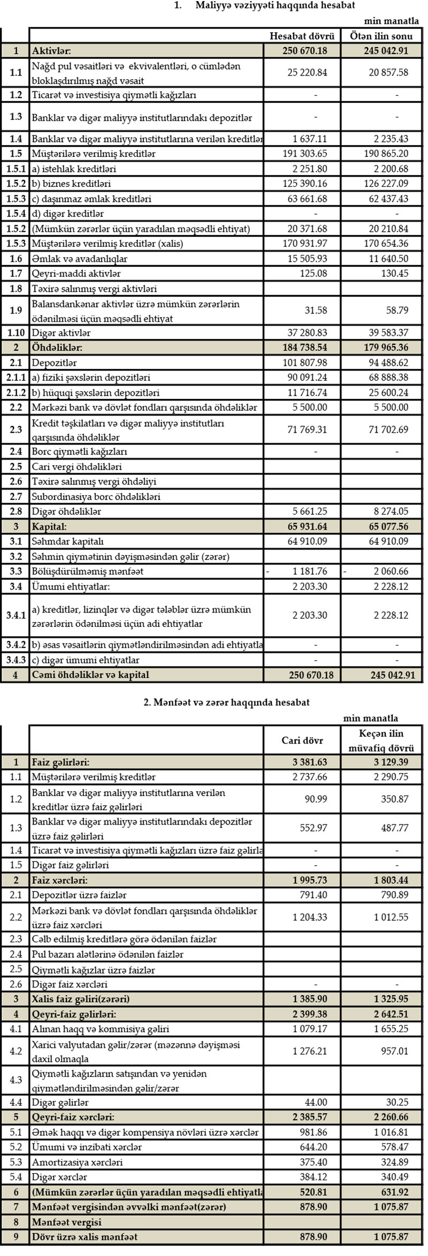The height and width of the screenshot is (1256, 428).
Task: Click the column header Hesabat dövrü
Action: (302, 36)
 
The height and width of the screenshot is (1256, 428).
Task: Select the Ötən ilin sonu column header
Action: (381, 36)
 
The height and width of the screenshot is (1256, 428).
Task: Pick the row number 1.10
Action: (16, 333)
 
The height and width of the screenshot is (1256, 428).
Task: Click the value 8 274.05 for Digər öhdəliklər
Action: (388, 511)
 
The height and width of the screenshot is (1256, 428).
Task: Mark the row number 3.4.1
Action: (16, 615)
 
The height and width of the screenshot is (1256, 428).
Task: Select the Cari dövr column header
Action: (302, 741)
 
